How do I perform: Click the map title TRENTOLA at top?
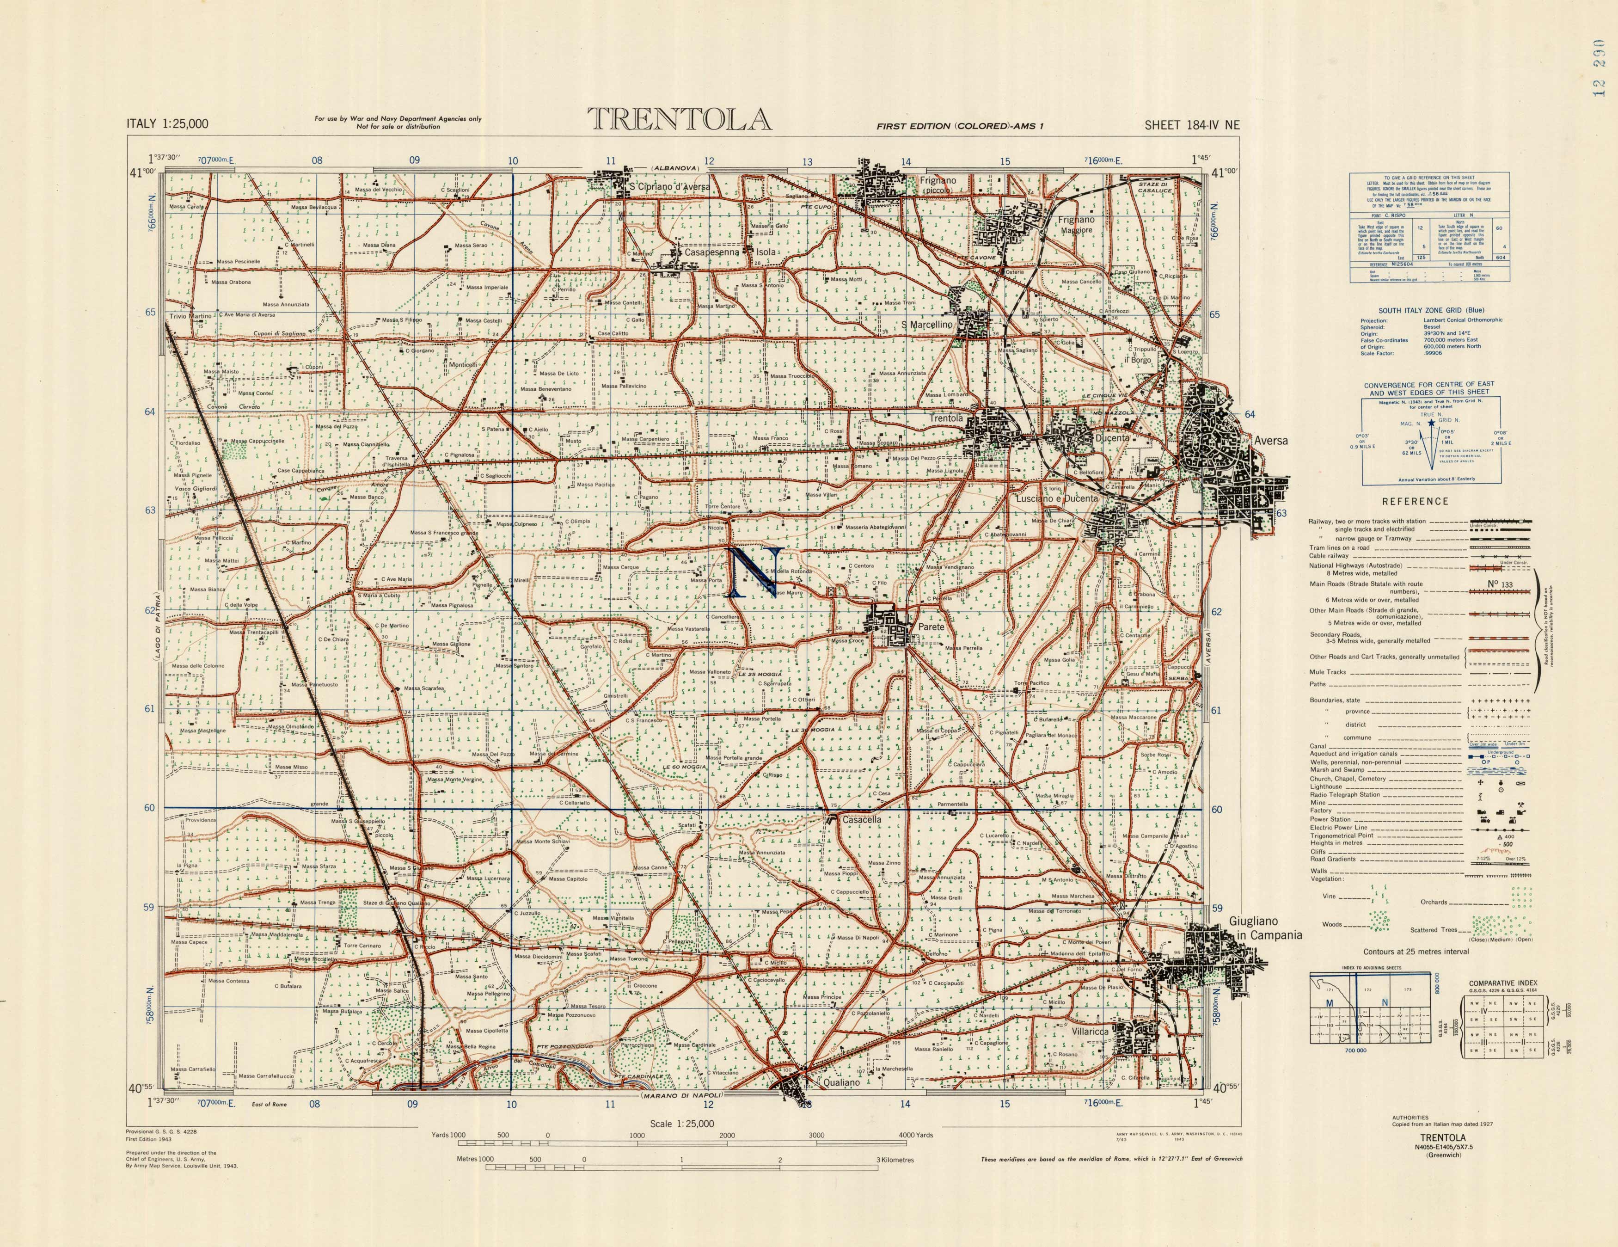click(679, 120)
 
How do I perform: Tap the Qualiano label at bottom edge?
click(842, 1082)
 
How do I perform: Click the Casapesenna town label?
click(711, 252)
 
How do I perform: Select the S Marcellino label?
click(926, 325)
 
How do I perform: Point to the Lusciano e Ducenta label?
click(1056, 498)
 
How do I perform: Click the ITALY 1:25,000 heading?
click(167, 124)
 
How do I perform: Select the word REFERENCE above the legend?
click(1414, 502)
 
